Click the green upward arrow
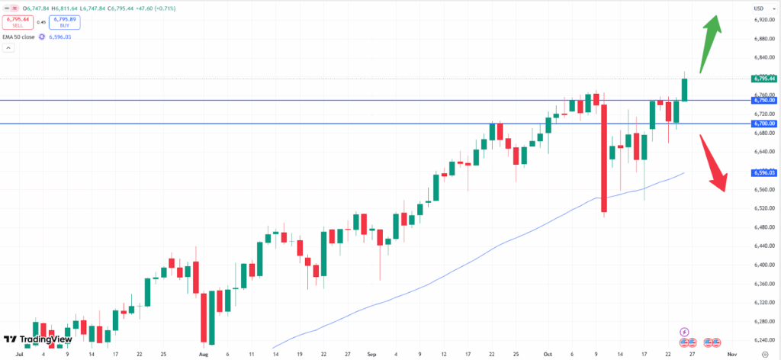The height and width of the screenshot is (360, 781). pyautogui.click(x=709, y=42)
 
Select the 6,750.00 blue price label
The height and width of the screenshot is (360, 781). pyautogui.click(x=763, y=100)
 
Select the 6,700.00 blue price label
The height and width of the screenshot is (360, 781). pyautogui.click(x=763, y=124)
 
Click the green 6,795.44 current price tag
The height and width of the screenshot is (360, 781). pyautogui.click(x=763, y=79)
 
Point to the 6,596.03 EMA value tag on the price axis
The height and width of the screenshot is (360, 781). pyautogui.click(x=763, y=173)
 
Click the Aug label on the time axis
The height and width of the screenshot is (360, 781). pyautogui.click(x=203, y=355)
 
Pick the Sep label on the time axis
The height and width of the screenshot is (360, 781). pyautogui.click(x=371, y=355)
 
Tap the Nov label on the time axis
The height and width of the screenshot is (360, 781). pyautogui.click(x=731, y=355)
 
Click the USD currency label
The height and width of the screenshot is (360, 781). pyautogui.click(x=759, y=8)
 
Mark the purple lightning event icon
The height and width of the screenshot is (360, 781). pyautogui.click(x=684, y=333)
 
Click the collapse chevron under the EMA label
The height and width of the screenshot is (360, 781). pyautogui.click(x=8, y=48)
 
